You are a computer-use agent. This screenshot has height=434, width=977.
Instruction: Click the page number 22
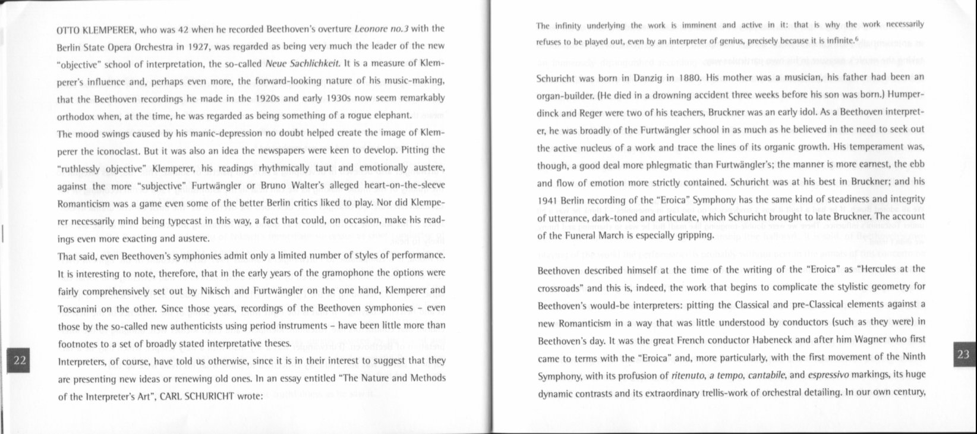(20, 360)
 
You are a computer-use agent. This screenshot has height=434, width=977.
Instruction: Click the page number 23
(963, 355)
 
